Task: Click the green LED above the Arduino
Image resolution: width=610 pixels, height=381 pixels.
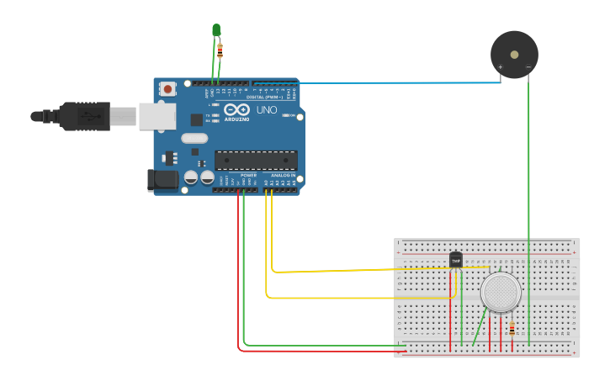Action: click(216, 30)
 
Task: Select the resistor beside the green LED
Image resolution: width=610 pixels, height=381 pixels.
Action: click(220, 50)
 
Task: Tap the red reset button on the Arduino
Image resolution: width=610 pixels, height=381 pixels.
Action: click(167, 88)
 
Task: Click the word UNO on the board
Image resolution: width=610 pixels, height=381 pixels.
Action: click(267, 110)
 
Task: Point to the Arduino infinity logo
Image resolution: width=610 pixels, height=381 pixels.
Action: click(236, 110)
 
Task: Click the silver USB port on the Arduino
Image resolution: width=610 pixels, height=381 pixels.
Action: click(157, 116)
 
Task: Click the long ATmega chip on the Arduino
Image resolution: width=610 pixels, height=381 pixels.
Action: click(256, 160)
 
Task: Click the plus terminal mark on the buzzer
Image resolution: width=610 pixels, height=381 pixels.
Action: click(501, 67)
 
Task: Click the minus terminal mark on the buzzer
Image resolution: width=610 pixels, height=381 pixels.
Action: click(528, 67)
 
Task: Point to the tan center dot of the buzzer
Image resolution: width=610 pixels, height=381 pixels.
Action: click(514, 55)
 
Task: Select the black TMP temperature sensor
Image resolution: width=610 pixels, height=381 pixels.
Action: click(456, 260)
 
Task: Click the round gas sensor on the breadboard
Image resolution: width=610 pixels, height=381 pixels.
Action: click(501, 293)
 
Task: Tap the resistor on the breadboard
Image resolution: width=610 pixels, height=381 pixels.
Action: click(512, 328)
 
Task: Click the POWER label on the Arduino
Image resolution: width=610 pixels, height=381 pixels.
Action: click(249, 175)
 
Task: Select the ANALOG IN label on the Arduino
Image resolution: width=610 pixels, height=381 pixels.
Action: click(283, 175)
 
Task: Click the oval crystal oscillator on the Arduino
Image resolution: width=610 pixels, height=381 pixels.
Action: click(194, 139)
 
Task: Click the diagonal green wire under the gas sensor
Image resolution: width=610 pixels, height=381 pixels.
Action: click(480, 328)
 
